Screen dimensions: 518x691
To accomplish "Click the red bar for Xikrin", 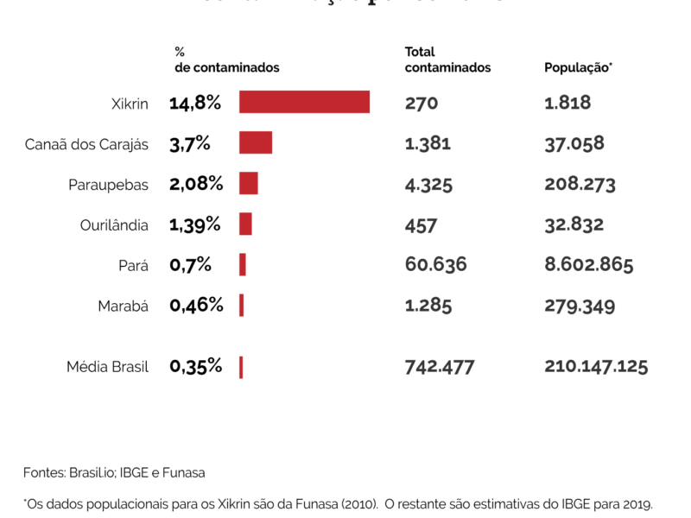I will click(304, 102).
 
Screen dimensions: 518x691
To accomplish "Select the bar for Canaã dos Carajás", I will click(256, 142).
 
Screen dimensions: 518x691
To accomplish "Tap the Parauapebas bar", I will click(249, 183).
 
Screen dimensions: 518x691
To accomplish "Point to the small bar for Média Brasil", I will click(241, 367).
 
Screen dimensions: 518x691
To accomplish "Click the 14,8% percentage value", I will click(195, 104).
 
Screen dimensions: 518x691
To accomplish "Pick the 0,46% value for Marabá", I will click(196, 305).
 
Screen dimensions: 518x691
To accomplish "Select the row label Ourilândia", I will click(114, 225).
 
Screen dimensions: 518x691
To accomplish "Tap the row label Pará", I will click(133, 266).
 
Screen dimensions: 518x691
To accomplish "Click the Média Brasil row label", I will click(107, 367).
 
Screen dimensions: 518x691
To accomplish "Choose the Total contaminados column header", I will click(447, 60).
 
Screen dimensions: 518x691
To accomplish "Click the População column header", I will click(578, 67).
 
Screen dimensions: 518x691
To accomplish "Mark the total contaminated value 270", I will click(422, 104).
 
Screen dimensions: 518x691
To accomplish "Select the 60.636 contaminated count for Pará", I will click(435, 264).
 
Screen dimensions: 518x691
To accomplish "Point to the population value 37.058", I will click(574, 143).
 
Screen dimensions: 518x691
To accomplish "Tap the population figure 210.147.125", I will click(596, 366).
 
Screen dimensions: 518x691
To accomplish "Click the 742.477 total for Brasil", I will click(440, 366).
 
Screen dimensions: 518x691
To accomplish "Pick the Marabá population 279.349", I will click(578, 305).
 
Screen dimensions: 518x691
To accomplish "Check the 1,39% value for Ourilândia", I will click(195, 224).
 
